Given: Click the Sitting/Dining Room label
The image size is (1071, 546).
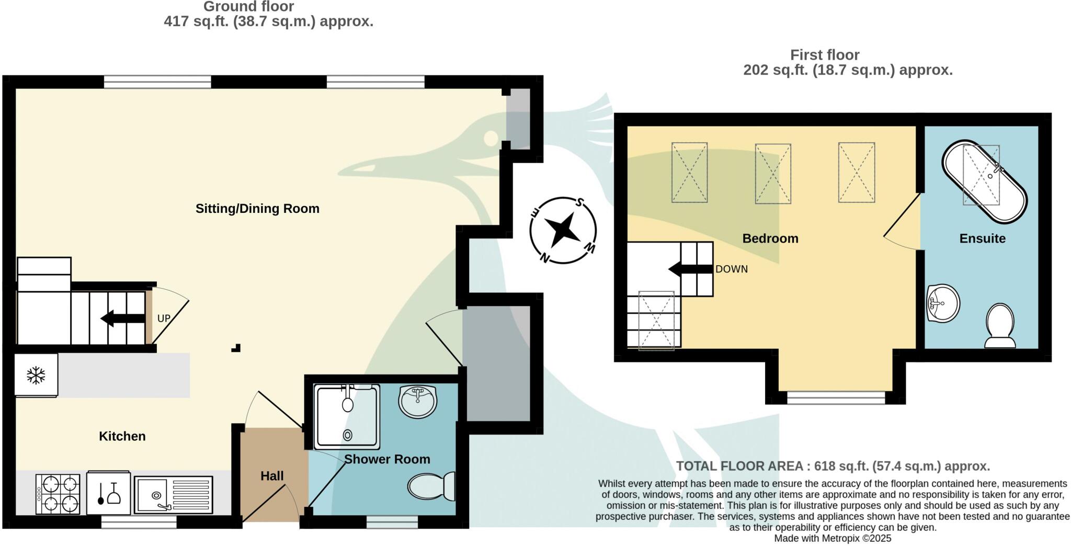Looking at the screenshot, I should click(x=257, y=209).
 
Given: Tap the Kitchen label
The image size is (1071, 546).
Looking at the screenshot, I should click(x=122, y=436).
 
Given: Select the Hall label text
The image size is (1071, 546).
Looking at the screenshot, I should click(x=272, y=476).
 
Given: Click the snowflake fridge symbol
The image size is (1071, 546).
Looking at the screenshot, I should click(x=36, y=375).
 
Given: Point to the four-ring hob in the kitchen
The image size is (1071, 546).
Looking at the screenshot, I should click(x=58, y=494).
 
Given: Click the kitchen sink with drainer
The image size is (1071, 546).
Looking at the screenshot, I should click(x=173, y=494).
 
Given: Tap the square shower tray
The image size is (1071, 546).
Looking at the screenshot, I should click(x=347, y=416).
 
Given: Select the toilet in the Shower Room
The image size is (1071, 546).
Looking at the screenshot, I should click(x=432, y=486).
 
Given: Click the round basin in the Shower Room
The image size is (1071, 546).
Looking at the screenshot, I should click(x=417, y=402).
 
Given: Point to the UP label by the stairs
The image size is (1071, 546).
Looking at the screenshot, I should click(x=164, y=318).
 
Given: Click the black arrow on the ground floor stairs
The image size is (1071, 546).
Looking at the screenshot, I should click(x=122, y=318).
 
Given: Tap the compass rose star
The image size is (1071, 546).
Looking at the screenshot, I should click(x=563, y=230).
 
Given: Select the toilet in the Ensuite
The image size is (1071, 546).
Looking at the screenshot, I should click(x=1000, y=326).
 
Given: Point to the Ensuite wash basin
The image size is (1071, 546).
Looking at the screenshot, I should click(x=942, y=303).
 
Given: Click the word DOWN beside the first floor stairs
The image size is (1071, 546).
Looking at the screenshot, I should click(x=731, y=269).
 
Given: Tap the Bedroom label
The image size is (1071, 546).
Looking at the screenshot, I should click(x=770, y=238).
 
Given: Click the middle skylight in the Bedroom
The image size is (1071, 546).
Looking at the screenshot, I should click(x=772, y=174).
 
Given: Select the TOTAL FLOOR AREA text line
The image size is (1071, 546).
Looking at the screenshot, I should click(x=833, y=466).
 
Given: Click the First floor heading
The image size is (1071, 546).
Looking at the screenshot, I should click(x=825, y=55).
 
